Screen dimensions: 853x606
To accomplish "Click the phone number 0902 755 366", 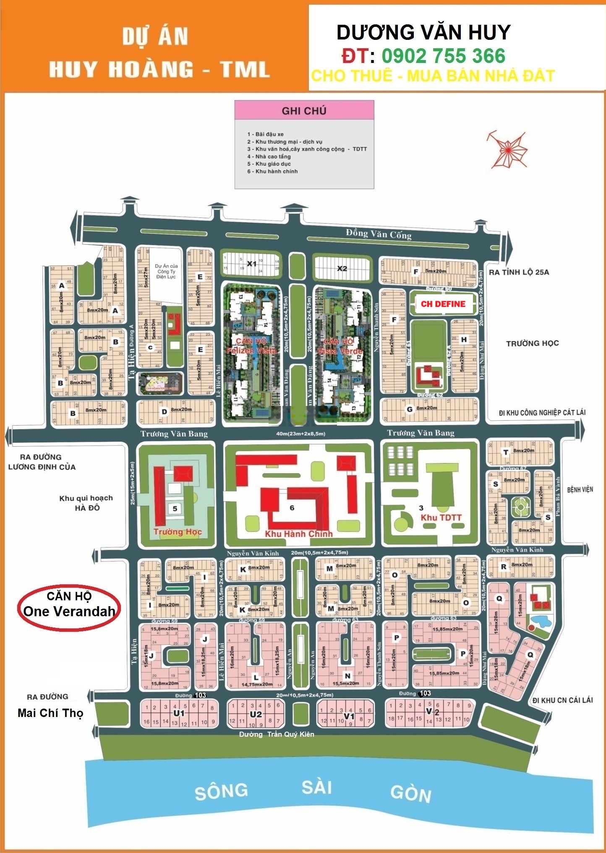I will click(x=443, y=56).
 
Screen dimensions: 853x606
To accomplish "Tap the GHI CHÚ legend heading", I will click(x=304, y=111).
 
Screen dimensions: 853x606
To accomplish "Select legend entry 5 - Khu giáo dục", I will click(x=269, y=164).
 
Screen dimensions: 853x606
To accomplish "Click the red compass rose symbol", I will click(x=507, y=149).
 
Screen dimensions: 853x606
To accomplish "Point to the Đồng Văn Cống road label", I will click(x=379, y=234).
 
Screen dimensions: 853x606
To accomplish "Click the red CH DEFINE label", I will click(x=443, y=304).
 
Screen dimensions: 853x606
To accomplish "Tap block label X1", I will click(x=251, y=264).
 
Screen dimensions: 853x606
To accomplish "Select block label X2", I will click(x=342, y=268).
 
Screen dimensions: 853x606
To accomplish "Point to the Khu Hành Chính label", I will click(x=298, y=534).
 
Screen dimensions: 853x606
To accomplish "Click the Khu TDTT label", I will click(x=441, y=518).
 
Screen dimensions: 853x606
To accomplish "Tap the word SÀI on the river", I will click(x=317, y=787).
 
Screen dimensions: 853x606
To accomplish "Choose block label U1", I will click(x=179, y=713).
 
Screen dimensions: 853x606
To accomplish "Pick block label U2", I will click(x=256, y=714).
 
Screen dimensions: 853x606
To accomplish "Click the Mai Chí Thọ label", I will click(x=50, y=713).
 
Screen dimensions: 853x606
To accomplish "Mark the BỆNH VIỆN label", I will click(x=580, y=489).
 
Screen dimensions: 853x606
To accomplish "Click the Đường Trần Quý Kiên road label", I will click(x=276, y=734).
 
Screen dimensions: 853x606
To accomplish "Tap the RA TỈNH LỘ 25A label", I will click(x=519, y=272).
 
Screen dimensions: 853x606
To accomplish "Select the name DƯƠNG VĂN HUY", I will click(x=423, y=32).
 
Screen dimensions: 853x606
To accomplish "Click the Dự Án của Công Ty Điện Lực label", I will click(x=166, y=271).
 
